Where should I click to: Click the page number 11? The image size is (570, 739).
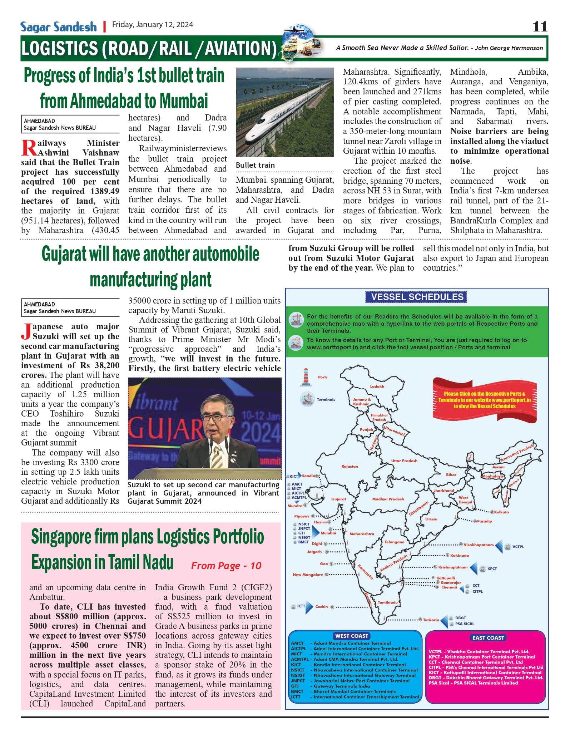(540, 26)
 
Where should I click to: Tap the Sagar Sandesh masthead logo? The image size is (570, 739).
(58, 27)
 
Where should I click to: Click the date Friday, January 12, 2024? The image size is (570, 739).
(153, 25)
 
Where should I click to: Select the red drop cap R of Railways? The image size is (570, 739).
(29, 148)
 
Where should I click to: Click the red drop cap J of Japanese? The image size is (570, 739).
(26, 331)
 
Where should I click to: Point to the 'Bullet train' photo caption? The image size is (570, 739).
(255, 165)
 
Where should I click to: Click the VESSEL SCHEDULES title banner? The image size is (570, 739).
(417, 297)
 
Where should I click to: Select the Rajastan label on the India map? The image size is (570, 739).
(350, 467)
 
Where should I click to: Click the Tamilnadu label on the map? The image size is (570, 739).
(388, 602)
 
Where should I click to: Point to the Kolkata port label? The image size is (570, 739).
(501, 512)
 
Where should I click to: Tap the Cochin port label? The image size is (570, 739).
(321, 607)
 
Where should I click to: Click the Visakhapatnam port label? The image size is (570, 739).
(479, 545)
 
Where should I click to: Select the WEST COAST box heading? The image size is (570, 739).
(352, 636)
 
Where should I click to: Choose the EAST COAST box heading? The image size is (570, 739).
(488, 638)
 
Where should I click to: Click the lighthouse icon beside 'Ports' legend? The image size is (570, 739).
(306, 377)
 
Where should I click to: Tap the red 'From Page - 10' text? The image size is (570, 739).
(226, 566)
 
